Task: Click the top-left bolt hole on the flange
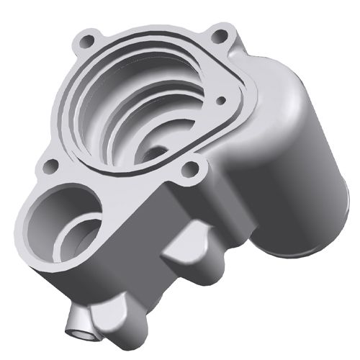(89, 39)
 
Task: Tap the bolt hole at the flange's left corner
(50, 166)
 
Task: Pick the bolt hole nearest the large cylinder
(191, 171)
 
